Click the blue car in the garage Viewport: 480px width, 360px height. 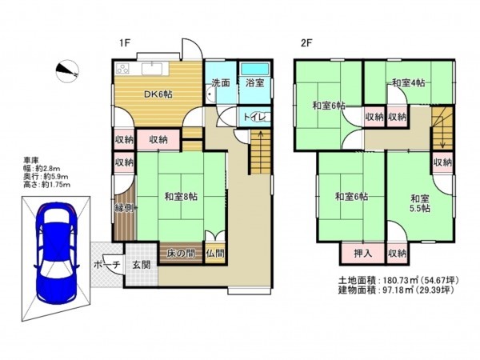(x=57, y=252)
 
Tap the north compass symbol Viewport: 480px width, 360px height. (x=67, y=71)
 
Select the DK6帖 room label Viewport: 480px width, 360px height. (x=158, y=94)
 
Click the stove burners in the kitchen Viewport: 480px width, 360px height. (x=123, y=69)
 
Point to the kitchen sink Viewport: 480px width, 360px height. (x=155, y=69)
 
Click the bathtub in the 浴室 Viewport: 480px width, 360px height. (x=254, y=69)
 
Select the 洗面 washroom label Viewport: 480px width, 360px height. (x=221, y=82)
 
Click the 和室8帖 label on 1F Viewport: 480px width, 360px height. (x=181, y=196)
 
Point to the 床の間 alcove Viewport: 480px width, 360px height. (x=181, y=254)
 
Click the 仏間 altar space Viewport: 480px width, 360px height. (x=215, y=254)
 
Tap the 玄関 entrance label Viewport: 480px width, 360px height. (x=142, y=265)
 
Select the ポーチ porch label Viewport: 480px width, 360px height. (x=106, y=265)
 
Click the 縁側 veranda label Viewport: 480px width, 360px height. (x=124, y=208)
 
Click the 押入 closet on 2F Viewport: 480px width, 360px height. (x=362, y=254)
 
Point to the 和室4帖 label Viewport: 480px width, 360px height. (x=409, y=82)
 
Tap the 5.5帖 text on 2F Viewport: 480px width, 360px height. (x=420, y=208)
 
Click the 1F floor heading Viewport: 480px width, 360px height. (x=125, y=43)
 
